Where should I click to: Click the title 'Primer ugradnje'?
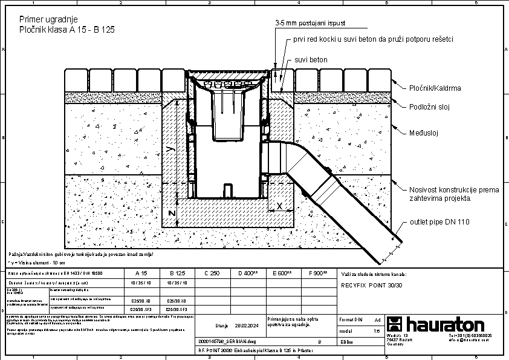(x=48, y=19)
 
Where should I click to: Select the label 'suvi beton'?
(x=311, y=61)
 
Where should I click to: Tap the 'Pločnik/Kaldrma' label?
(x=435, y=88)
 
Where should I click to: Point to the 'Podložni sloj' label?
(x=430, y=106)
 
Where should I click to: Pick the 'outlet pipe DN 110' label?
(x=439, y=222)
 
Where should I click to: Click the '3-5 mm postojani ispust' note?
(x=311, y=23)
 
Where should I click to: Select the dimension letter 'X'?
(x=279, y=206)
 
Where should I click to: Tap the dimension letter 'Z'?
(x=171, y=214)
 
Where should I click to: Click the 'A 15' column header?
(x=141, y=273)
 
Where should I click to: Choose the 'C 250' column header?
(x=212, y=273)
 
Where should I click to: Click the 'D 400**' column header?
(x=248, y=273)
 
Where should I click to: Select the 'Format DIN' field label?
(x=351, y=319)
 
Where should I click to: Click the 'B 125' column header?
(x=177, y=273)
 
